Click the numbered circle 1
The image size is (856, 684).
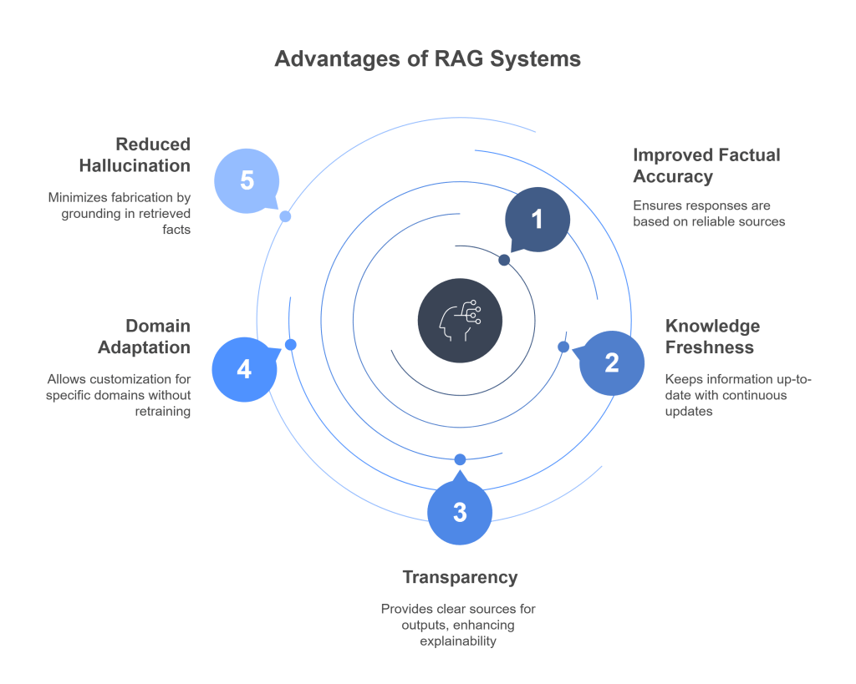pyautogui.click(x=537, y=220)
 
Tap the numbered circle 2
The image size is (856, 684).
pyautogui.click(x=611, y=363)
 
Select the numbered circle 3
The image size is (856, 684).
pyautogui.click(x=460, y=512)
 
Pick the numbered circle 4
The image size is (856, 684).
pyautogui.click(x=244, y=369)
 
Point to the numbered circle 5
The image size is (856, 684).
pyautogui.click(x=247, y=180)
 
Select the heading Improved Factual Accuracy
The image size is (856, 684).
pyautogui.click(x=706, y=165)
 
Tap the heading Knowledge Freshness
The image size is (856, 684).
pyautogui.click(x=712, y=336)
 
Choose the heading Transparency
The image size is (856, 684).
pyautogui.click(x=460, y=577)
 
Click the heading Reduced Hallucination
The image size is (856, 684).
pyautogui.click(x=135, y=155)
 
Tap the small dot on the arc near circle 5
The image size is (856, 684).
pyautogui.click(x=285, y=216)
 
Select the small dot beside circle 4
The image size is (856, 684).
pyautogui.click(x=290, y=345)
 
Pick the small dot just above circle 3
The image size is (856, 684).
pyautogui.click(x=460, y=459)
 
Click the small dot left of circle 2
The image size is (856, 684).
pyautogui.click(x=563, y=346)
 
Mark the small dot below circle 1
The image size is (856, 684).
pyautogui.click(x=504, y=261)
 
